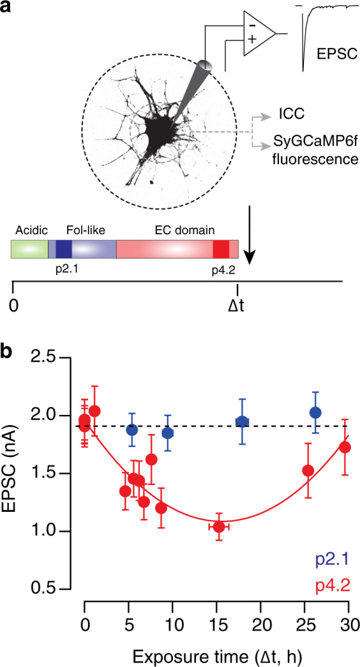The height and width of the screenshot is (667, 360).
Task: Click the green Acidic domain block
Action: [x=29, y=249]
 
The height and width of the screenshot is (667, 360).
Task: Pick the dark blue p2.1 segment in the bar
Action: [x=63, y=249]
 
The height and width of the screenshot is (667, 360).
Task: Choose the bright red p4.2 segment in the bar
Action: [x=221, y=249]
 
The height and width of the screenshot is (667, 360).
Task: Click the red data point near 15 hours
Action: [x=219, y=527]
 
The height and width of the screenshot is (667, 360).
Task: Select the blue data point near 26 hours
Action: [x=315, y=412]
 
